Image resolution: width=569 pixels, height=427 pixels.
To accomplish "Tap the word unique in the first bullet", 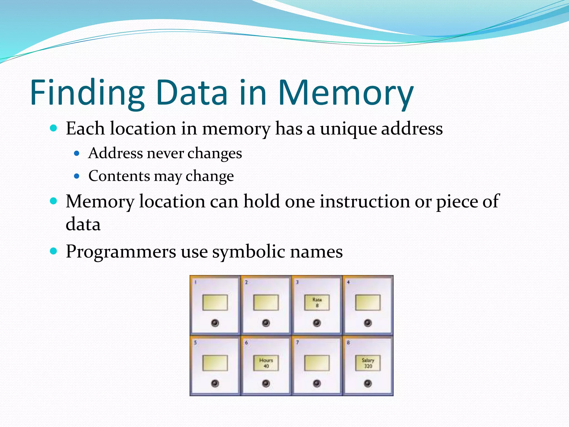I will [348, 129].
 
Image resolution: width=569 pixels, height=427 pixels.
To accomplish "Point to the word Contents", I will [119, 176].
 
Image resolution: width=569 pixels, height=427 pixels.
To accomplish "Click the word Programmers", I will [121, 252].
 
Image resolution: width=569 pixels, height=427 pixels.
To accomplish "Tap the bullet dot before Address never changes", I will [77, 153].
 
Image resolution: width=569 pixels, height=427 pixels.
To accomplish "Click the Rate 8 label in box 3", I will [317, 302].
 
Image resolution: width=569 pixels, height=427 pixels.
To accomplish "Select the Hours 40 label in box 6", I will [266, 363].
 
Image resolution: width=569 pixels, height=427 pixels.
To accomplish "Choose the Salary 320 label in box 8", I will [368, 363].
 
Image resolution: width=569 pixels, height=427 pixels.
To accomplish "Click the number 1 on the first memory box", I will [196, 282].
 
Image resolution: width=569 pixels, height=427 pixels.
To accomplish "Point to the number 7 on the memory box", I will [297, 342].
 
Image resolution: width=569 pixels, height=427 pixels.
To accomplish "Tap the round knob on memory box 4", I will [368, 323].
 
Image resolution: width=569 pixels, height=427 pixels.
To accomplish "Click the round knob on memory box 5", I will [215, 384].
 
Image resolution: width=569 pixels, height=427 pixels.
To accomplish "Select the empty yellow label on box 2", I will [266, 302].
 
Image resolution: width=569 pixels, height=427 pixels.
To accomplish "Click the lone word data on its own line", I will [83, 224].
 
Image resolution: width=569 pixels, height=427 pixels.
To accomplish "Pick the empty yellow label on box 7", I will [317, 363].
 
